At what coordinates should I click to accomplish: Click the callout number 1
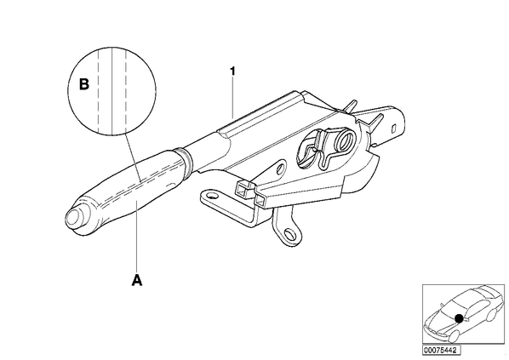[x=232, y=71]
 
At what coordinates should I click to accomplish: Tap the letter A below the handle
[x=137, y=280]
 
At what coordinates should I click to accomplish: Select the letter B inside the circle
[x=84, y=84]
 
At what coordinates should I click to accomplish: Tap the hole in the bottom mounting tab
[x=289, y=234]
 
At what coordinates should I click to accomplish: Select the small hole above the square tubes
[x=281, y=169]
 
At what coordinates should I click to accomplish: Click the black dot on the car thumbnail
[x=459, y=318]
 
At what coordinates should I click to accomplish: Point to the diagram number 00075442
[x=441, y=351]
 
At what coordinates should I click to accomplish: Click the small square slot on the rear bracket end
[x=394, y=128]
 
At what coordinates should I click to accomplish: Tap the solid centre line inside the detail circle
[x=112, y=91]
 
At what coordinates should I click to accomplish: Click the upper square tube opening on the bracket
[x=243, y=189]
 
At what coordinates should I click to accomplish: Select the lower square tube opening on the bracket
[x=262, y=201]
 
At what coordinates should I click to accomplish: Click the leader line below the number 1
[x=232, y=97]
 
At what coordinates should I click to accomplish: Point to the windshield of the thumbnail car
[x=453, y=306]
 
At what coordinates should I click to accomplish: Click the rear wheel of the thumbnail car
[x=492, y=316]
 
